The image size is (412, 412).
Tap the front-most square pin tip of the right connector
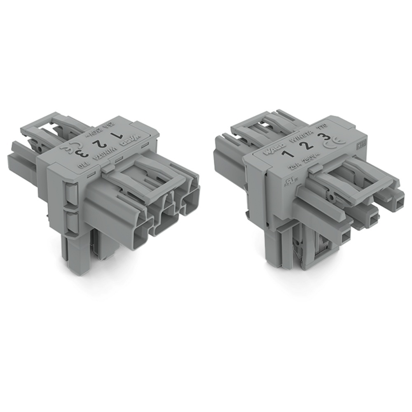[345, 236]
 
